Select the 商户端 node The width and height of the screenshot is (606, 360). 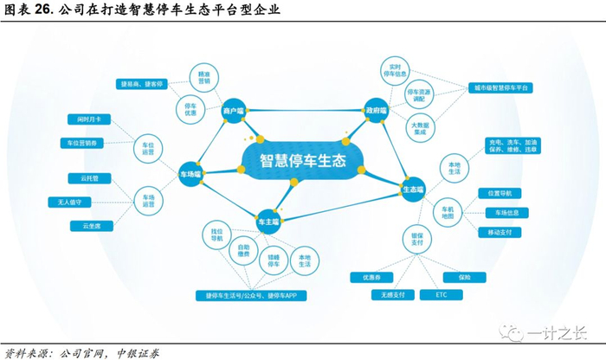(234, 111)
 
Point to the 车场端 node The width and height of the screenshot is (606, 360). (191, 173)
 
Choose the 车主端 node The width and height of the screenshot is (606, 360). (268, 222)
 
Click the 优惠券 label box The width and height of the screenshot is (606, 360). (367, 277)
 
